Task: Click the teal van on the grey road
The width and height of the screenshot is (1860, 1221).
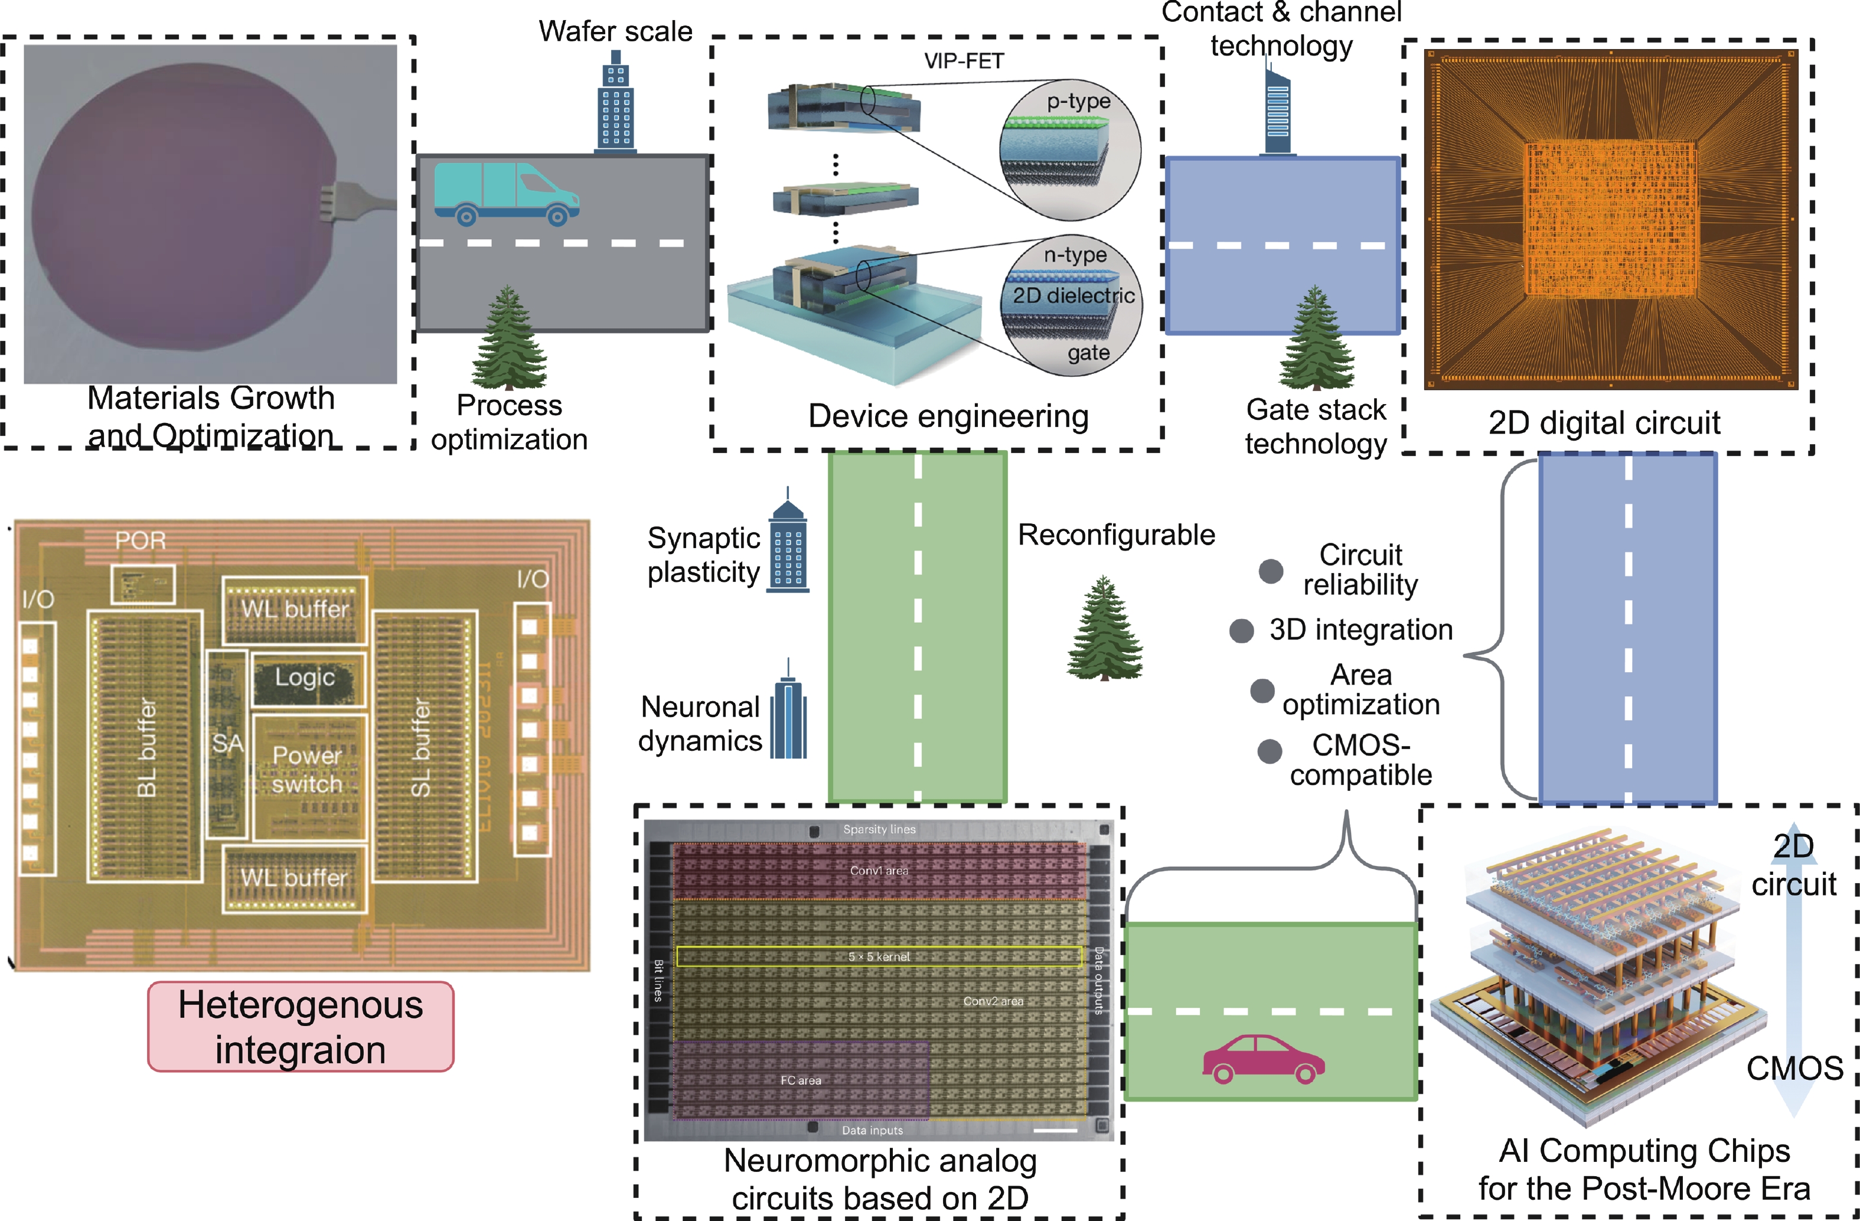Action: [507, 194]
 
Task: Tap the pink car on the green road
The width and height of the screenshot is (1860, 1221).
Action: [1263, 1059]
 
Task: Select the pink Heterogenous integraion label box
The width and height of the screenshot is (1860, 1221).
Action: [301, 1026]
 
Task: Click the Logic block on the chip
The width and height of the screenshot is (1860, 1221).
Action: [306, 678]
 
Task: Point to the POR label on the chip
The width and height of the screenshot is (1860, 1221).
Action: [141, 540]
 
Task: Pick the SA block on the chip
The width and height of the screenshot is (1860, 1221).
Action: [227, 743]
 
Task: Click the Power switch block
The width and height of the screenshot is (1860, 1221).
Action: [308, 770]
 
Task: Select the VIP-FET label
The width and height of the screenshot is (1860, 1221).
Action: [964, 61]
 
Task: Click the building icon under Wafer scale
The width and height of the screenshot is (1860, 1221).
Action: [616, 102]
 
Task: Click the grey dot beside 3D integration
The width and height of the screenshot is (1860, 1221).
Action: [1241, 631]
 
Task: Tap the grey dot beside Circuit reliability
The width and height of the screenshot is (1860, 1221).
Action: [1271, 571]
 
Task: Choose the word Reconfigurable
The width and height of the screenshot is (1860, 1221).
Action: [1116, 535]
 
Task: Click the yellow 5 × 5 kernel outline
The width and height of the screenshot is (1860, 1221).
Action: [879, 956]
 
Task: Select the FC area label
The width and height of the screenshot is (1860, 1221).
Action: [801, 1080]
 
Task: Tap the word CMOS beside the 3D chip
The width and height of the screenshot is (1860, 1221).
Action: [1794, 1068]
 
